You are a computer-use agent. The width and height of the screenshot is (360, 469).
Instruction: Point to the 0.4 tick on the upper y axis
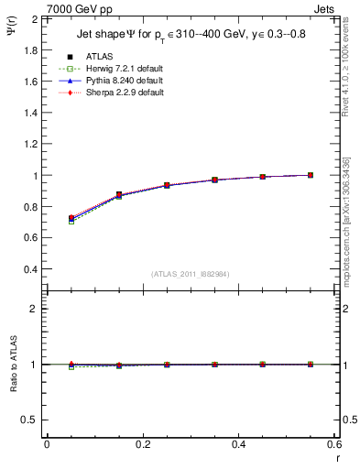[31, 270]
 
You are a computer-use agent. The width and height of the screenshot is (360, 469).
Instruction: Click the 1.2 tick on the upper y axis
[31, 144]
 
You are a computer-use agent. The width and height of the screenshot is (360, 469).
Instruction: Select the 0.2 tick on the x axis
[142, 444]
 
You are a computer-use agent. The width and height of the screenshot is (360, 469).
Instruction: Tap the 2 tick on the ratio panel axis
[36, 309]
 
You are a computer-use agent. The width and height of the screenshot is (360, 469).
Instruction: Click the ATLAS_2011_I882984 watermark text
[190, 274]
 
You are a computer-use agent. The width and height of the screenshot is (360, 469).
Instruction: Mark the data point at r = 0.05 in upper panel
[71, 218]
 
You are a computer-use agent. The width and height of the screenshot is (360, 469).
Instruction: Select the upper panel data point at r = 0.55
[311, 175]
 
